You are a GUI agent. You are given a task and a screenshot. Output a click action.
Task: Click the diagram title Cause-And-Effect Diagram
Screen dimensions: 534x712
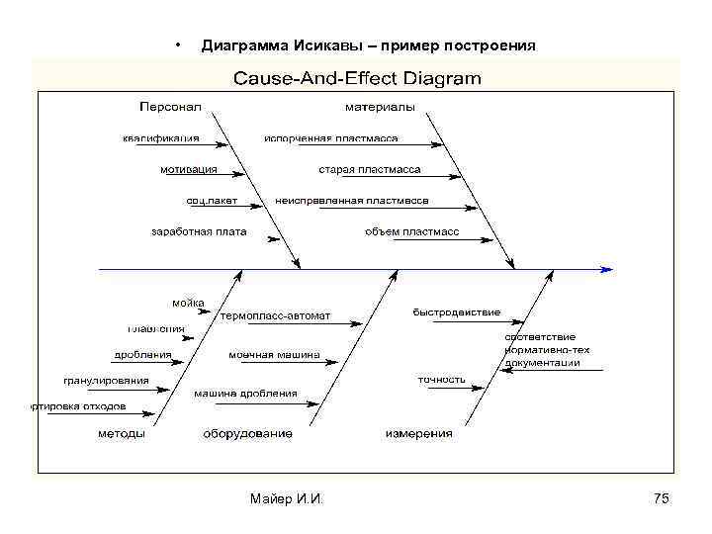tap(357, 77)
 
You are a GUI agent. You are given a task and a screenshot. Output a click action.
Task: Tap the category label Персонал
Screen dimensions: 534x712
tap(170, 106)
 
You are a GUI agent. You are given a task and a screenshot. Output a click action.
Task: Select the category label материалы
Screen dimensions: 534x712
tap(380, 106)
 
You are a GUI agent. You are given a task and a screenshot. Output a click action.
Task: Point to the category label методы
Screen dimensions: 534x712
tap(122, 433)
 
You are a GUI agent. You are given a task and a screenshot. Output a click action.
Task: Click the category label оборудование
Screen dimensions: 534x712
tap(247, 433)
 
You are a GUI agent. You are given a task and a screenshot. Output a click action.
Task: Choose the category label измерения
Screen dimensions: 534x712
tap(418, 433)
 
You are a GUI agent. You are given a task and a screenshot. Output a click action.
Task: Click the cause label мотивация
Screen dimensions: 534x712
tap(189, 169)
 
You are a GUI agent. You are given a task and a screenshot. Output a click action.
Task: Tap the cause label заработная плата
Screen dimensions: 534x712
tap(199, 232)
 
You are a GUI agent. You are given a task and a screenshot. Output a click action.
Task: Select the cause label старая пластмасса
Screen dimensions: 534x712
tap(370, 169)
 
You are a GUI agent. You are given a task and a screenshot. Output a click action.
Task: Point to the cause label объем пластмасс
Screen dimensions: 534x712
tap(412, 232)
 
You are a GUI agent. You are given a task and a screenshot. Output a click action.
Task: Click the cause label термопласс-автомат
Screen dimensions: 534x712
tap(276, 316)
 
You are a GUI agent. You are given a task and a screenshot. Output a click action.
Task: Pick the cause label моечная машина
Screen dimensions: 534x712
tap(275, 354)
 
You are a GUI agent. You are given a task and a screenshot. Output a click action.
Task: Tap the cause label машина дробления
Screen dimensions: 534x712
tap(245, 393)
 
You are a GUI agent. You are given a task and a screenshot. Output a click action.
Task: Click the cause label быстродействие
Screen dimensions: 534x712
tap(457, 312)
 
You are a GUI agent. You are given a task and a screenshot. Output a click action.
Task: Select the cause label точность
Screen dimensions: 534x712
tap(442, 379)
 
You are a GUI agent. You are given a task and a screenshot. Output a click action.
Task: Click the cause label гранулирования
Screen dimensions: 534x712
tap(107, 380)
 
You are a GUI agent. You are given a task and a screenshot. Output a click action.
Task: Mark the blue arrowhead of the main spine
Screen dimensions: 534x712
tap(607, 268)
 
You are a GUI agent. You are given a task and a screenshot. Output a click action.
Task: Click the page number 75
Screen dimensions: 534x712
tap(662, 499)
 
